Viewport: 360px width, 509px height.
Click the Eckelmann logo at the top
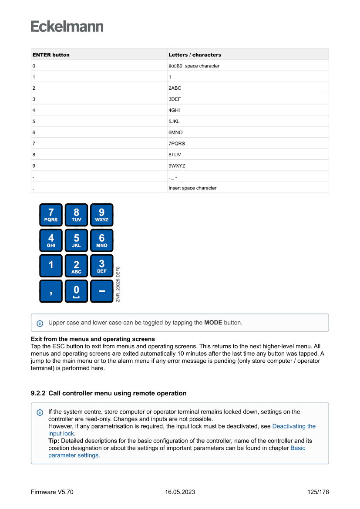click(67, 27)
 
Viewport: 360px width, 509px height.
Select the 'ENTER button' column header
click(51, 55)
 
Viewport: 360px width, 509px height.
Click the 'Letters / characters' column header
click(195, 55)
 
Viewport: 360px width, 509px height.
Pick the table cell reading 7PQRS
click(177, 143)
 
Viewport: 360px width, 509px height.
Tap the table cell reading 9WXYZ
click(177, 166)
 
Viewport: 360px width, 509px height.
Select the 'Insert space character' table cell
click(192, 188)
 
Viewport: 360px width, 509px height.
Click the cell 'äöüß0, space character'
click(194, 66)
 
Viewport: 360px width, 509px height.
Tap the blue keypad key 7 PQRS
click(51, 215)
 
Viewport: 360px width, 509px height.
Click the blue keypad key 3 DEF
click(101, 266)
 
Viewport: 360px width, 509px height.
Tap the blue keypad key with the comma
click(51, 291)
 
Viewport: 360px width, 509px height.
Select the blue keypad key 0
click(76, 291)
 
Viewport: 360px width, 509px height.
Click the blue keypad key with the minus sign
click(101, 291)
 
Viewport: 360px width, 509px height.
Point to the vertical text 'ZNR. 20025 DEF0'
click(118, 284)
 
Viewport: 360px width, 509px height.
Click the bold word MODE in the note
click(213, 323)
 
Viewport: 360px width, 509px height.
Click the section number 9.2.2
click(38, 393)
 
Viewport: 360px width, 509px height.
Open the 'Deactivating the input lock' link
click(294, 426)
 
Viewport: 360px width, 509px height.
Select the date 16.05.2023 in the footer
click(180, 492)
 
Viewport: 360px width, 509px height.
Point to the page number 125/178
click(318, 492)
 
